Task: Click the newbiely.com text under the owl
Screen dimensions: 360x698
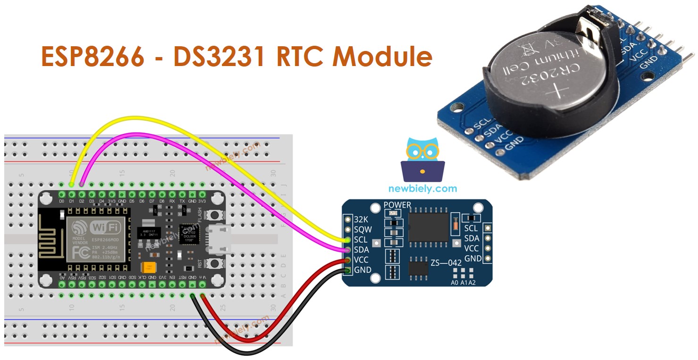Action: tap(422, 189)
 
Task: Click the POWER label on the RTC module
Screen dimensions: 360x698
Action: tap(397, 205)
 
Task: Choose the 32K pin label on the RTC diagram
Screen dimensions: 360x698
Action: tap(362, 219)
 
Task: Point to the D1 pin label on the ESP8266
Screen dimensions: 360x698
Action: tap(72, 201)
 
